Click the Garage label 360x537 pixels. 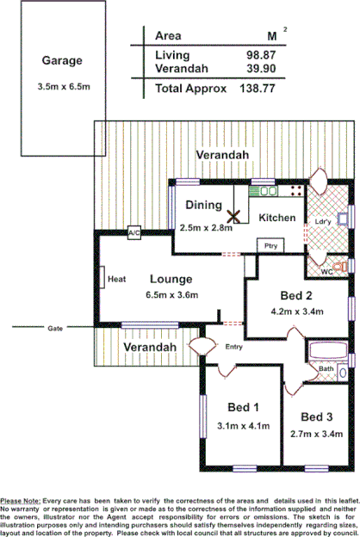coord(61,60)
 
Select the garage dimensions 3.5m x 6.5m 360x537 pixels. coord(61,88)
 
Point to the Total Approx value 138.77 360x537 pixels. coord(260,89)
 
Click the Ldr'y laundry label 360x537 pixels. coord(324,220)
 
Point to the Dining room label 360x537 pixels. coord(204,206)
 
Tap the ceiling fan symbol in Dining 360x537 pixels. coord(233,217)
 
